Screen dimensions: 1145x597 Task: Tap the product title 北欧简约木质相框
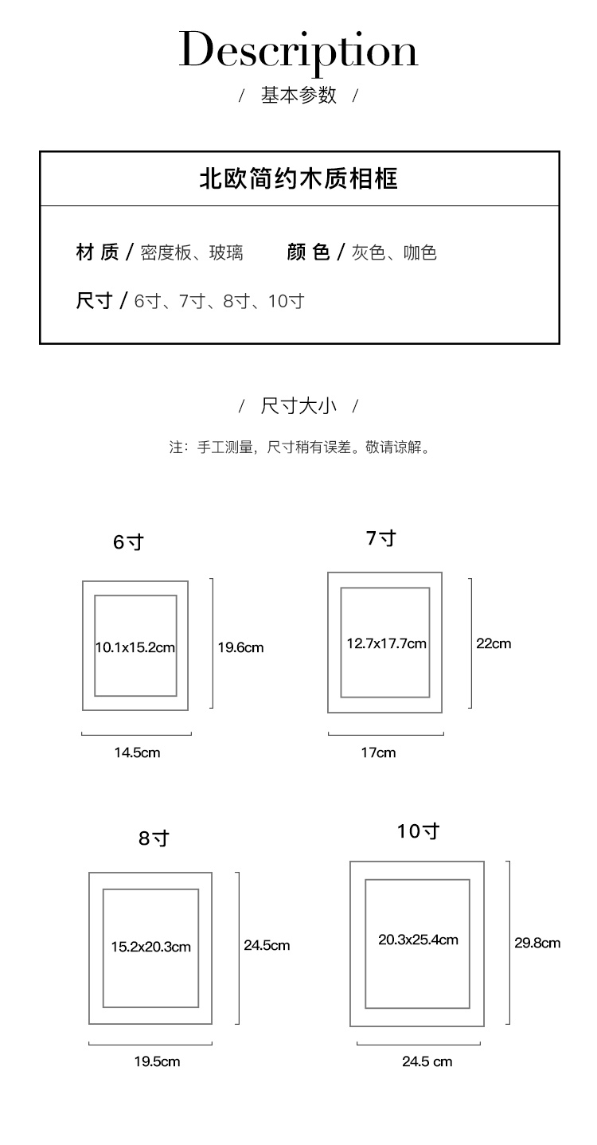(298, 178)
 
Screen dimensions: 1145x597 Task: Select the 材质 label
(97, 252)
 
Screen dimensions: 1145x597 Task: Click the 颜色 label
(308, 252)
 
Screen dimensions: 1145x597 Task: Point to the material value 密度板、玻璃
(192, 253)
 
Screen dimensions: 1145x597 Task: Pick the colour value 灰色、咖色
(394, 253)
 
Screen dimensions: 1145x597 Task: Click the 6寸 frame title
(128, 542)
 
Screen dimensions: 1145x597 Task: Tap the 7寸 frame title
(381, 538)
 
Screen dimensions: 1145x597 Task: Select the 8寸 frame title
(154, 838)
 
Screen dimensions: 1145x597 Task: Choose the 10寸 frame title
(419, 831)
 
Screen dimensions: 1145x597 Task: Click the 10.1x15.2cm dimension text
(135, 647)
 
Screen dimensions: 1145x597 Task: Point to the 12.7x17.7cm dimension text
(386, 643)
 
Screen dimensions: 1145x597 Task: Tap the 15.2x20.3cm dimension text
(151, 947)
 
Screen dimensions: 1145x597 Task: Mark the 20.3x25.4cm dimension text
(418, 940)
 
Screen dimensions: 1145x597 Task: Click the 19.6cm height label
(240, 647)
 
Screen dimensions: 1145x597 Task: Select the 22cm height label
(494, 643)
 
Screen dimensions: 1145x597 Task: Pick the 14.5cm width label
(137, 752)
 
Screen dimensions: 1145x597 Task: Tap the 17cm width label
(378, 752)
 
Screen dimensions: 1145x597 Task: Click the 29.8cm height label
(537, 943)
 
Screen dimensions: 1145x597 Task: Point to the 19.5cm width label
(157, 1061)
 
